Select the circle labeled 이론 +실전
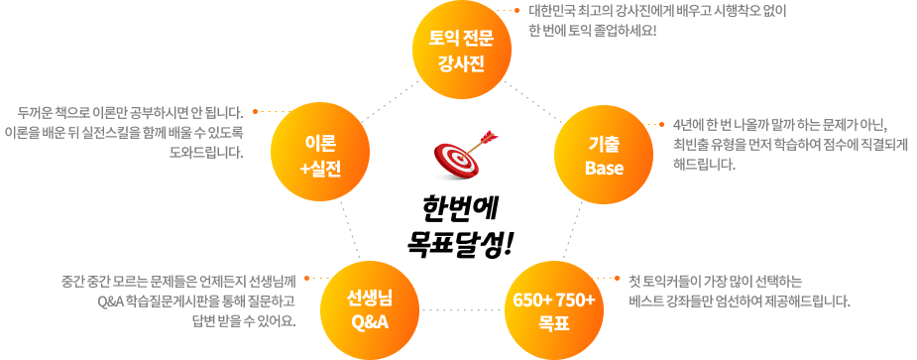321,152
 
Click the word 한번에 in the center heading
458,208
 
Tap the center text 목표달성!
459,242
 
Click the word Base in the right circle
604,169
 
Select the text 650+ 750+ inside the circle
554,300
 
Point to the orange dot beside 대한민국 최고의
516,10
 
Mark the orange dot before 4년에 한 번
661,125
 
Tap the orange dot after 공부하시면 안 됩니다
255,111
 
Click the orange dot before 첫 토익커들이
617,278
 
